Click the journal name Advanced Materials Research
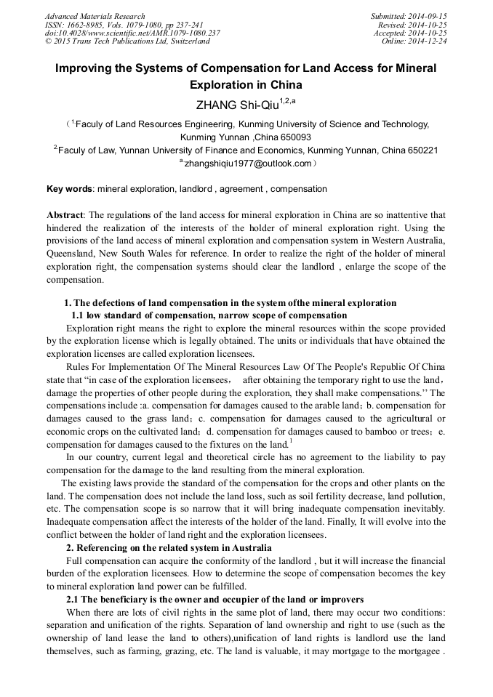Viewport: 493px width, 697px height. (95, 16)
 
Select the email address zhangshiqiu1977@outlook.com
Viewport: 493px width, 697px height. (247, 164)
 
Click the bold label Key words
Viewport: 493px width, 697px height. (69, 189)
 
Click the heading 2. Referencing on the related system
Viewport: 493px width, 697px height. (169, 547)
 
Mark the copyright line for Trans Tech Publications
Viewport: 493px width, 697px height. (127, 41)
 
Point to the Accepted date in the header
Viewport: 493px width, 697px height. (411, 33)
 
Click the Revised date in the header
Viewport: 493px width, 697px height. (415, 25)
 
